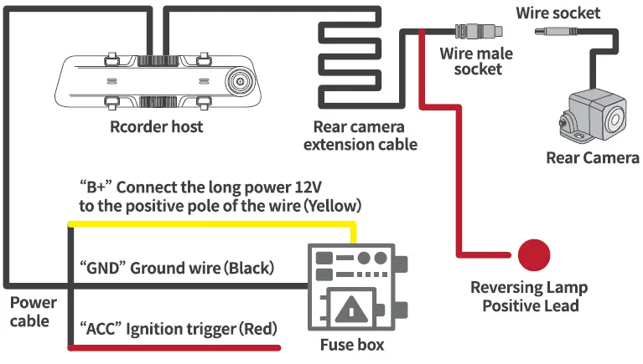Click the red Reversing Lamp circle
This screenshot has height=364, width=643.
tap(533, 254)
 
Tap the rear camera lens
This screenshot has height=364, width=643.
tap(609, 115)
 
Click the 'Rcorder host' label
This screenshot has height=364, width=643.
tap(157, 127)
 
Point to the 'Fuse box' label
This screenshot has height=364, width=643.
tap(352, 344)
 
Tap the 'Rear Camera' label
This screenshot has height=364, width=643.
tap(592, 158)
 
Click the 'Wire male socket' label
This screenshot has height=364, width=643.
tap(475, 61)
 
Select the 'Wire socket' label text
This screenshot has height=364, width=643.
tap(557, 13)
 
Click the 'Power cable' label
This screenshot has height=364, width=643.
tap(34, 310)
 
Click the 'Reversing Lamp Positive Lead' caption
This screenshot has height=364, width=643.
tap(530, 296)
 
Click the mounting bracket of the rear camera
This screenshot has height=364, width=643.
tap(568, 126)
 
